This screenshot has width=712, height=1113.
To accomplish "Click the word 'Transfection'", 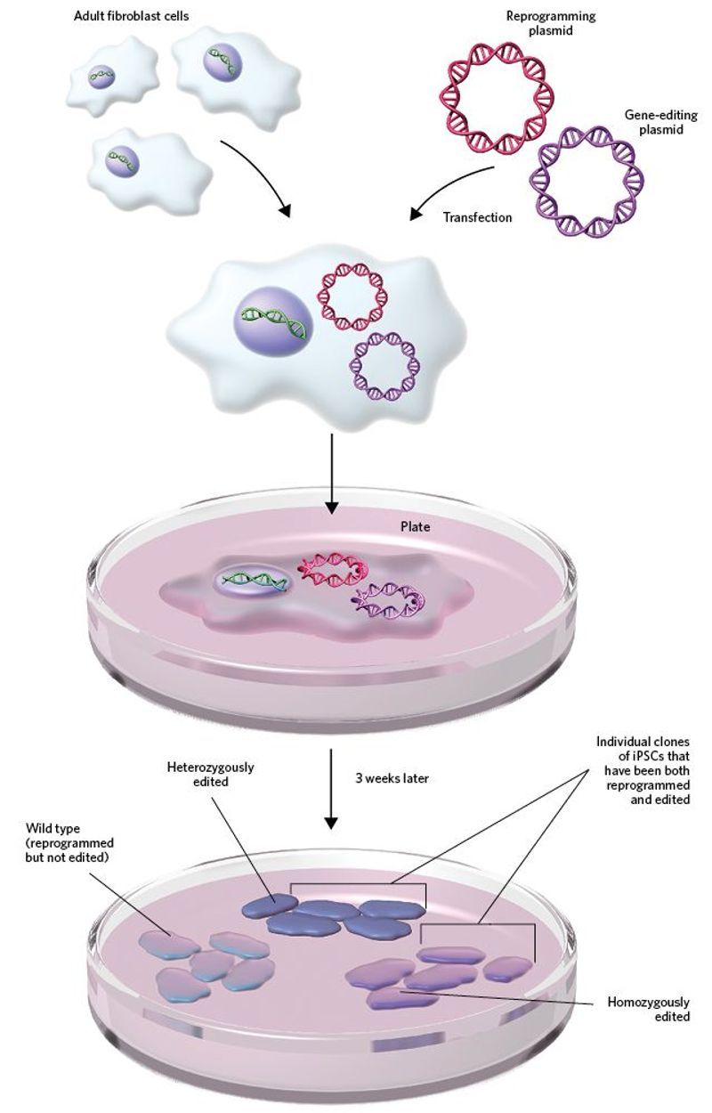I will coord(477,216).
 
